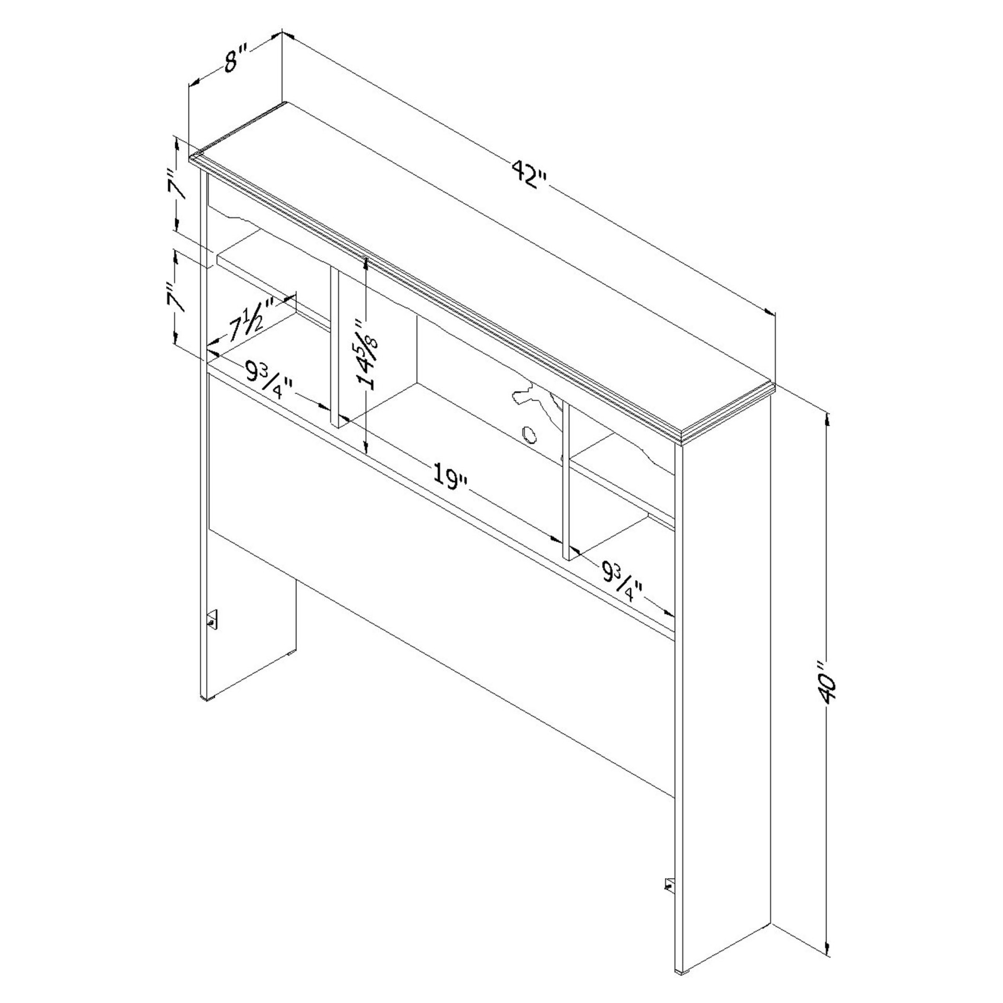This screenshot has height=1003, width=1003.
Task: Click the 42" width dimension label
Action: click(529, 174)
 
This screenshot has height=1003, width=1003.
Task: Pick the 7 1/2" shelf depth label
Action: click(253, 320)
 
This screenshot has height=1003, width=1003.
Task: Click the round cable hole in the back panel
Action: click(529, 434)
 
